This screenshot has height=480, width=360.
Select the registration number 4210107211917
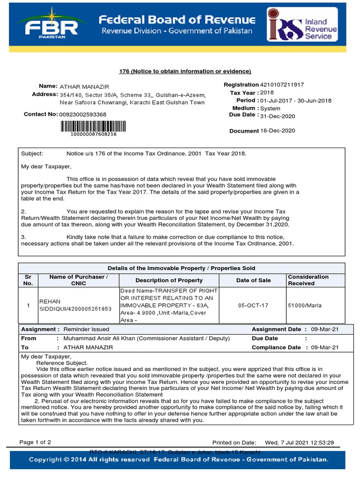click(x=282, y=85)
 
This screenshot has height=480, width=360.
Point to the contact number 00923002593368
click(x=82, y=114)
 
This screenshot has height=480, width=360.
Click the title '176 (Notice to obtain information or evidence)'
click(x=185, y=71)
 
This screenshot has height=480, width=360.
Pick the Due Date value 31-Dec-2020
click(x=277, y=116)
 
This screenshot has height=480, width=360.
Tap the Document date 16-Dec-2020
click(x=277, y=131)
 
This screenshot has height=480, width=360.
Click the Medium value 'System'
click(x=270, y=108)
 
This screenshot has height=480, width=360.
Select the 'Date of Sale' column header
click(x=254, y=280)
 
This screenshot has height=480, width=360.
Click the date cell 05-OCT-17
click(x=254, y=306)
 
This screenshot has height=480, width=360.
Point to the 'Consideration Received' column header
click(x=308, y=280)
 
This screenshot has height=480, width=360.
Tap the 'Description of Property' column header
click(x=169, y=280)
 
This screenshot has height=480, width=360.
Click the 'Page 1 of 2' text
click(x=35, y=442)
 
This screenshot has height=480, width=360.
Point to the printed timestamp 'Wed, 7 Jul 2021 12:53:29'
click(x=299, y=442)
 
